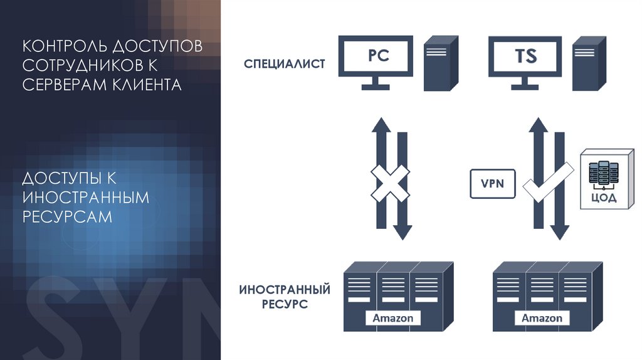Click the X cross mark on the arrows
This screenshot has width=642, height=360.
coord(389,184)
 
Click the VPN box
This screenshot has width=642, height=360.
coord(492,184)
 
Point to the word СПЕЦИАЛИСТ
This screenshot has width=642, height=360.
coord(285,64)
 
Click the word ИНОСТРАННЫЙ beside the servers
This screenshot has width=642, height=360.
coord(285,290)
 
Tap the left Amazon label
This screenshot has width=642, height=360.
coord(393,318)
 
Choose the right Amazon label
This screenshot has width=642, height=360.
coord(542,318)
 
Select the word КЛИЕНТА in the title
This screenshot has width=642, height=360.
coord(142,83)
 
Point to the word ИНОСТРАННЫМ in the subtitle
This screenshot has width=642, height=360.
coord(86,198)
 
